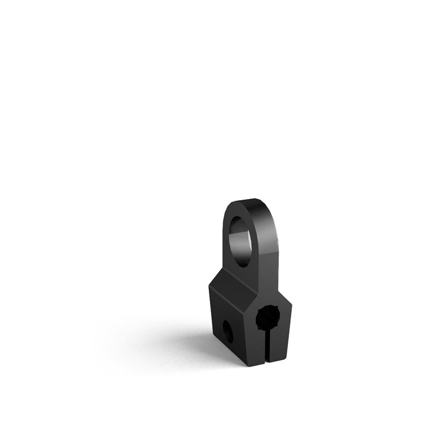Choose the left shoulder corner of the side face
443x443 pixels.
pyautogui.click(x=210, y=286)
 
